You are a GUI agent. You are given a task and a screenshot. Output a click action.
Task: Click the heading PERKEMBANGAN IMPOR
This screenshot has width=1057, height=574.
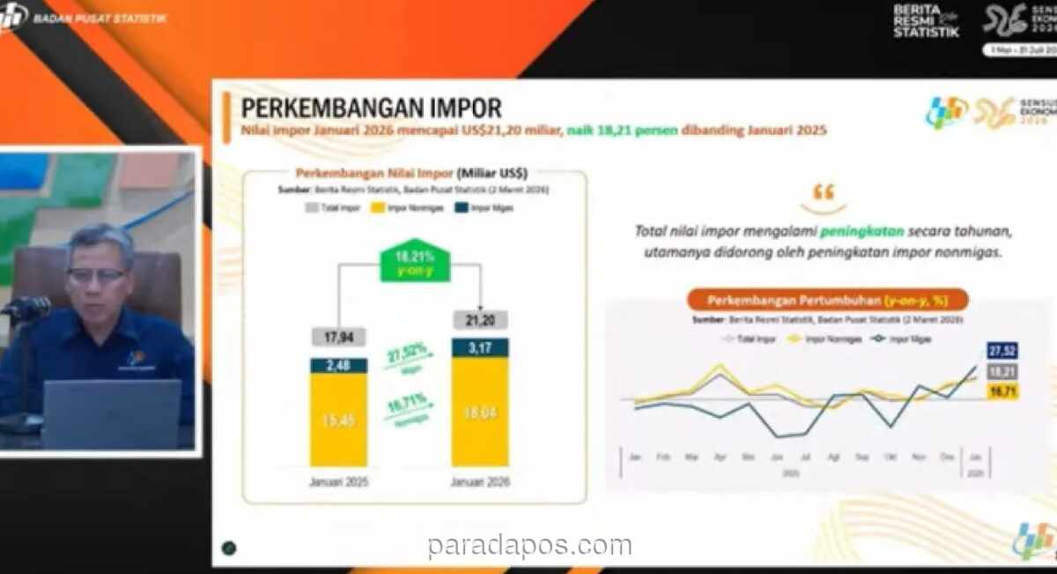pyautogui.click(x=371, y=108)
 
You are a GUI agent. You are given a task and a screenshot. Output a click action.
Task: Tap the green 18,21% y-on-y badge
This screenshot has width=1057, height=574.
pyautogui.click(x=414, y=261)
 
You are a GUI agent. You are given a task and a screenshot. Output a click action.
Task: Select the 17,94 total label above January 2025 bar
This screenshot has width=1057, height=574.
pyautogui.click(x=338, y=336)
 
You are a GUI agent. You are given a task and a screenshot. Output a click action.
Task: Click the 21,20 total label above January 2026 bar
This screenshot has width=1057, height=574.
pyautogui.click(x=480, y=319)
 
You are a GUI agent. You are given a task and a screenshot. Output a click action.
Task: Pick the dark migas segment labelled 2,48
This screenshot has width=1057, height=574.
pyautogui.click(x=338, y=365)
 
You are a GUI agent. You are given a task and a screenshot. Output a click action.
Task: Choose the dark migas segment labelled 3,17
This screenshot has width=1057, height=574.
pyautogui.click(x=480, y=347)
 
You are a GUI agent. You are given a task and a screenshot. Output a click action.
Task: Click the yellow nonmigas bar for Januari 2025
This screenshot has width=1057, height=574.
pyautogui.click(x=338, y=419)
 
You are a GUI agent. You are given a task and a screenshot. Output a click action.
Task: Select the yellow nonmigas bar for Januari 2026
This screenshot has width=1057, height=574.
pyautogui.click(x=480, y=410)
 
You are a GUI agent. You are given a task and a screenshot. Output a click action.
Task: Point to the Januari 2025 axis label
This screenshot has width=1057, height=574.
pyautogui.click(x=338, y=482)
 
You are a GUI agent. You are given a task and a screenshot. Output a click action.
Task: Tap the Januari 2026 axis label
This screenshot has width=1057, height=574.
pyautogui.click(x=480, y=482)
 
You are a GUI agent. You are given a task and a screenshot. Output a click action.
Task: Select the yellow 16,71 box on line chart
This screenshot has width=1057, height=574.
pyautogui.click(x=1002, y=391)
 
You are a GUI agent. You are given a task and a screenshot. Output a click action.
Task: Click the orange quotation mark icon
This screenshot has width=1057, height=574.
pyautogui.click(x=823, y=191)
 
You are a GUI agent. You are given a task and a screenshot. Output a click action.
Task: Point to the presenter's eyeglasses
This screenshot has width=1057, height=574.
pyautogui.click(x=96, y=275)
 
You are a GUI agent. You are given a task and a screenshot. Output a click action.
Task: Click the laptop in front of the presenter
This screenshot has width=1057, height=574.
pyautogui.click(x=111, y=414)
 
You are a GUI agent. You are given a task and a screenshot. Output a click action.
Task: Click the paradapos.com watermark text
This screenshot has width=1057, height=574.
pyautogui.click(x=529, y=547)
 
